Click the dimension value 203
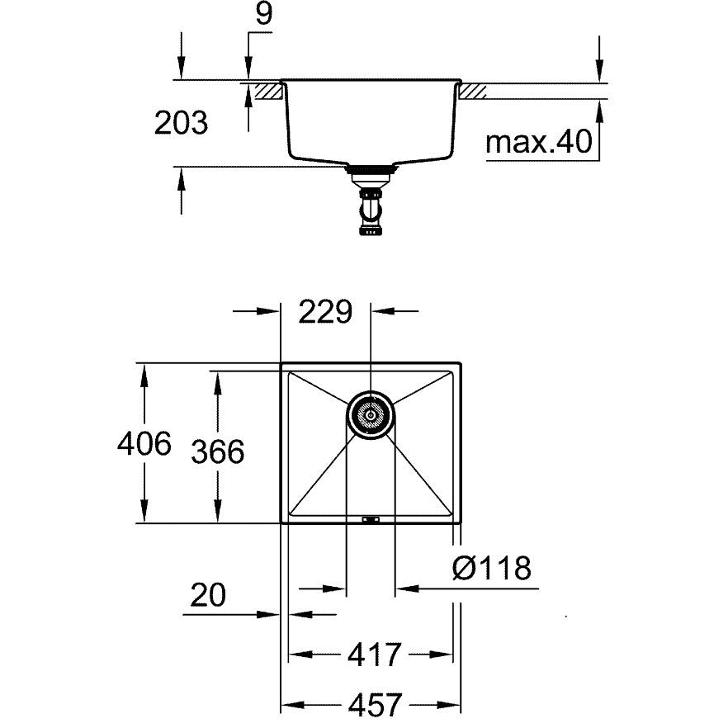point(181,123)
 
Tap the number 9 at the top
point(263,14)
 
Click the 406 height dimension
point(144,443)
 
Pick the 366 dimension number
point(218,451)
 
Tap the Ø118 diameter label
point(492,567)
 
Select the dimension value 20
point(208,594)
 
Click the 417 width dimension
point(374,655)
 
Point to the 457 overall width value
point(375,705)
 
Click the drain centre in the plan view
point(371,414)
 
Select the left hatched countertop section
point(269,91)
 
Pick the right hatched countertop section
point(473,91)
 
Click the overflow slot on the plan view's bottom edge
point(371,519)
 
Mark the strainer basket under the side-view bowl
point(371,175)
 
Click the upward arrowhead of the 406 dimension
point(144,374)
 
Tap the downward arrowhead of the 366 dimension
point(218,513)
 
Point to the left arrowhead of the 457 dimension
point(292,705)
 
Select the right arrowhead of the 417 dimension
point(442,655)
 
